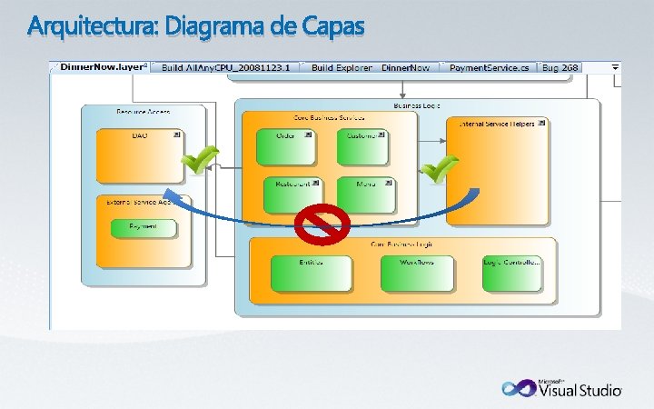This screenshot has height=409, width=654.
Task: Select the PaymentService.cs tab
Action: (488, 68)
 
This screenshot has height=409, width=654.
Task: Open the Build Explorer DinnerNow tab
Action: (373, 68)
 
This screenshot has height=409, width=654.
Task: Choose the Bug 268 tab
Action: (560, 68)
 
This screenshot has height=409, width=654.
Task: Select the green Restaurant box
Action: (292, 194)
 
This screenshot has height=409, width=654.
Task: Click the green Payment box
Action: (144, 228)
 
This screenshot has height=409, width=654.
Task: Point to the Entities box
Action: (311, 273)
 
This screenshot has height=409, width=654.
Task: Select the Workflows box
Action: (417, 273)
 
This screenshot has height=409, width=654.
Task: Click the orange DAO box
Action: (140, 155)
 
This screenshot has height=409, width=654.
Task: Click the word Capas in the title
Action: (331, 27)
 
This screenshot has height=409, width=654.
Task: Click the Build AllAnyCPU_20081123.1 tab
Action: (227, 68)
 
